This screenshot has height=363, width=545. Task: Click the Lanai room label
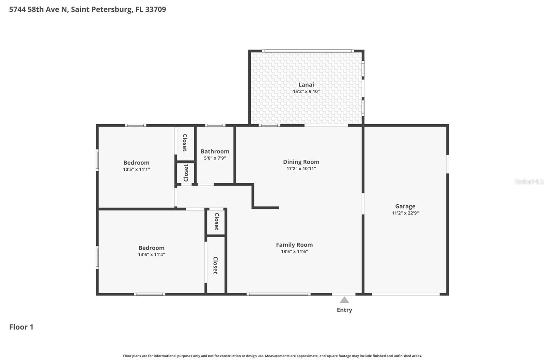click(x=306, y=85)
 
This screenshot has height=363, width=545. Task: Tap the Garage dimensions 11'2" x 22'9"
click(x=405, y=213)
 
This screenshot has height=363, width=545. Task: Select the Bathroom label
click(x=215, y=152)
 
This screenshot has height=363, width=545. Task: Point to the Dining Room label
click(x=301, y=162)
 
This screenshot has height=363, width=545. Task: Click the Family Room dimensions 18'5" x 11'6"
click(x=294, y=252)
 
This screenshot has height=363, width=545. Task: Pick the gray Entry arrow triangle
click(x=344, y=300)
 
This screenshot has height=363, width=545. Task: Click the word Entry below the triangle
click(x=344, y=310)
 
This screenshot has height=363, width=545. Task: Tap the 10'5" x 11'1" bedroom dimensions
click(x=136, y=170)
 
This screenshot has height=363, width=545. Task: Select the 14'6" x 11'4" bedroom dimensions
click(x=151, y=255)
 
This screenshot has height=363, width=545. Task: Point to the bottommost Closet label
click(x=215, y=265)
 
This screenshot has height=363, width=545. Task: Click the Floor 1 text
click(x=21, y=327)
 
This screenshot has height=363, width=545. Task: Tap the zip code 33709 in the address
click(x=155, y=10)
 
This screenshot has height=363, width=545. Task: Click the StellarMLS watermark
click(x=529, y=181)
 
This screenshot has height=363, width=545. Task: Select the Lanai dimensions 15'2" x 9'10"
click(x=306, y=92)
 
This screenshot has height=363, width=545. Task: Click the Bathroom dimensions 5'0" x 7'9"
click(x=215, y=158)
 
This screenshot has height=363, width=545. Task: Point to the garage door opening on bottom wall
click(x=405, y=294)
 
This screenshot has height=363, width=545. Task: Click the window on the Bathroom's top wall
click(x=215, y=125)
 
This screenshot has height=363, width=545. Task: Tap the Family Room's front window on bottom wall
click(x=278, y=294)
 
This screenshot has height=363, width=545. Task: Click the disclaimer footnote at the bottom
click(x=272, y=356)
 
